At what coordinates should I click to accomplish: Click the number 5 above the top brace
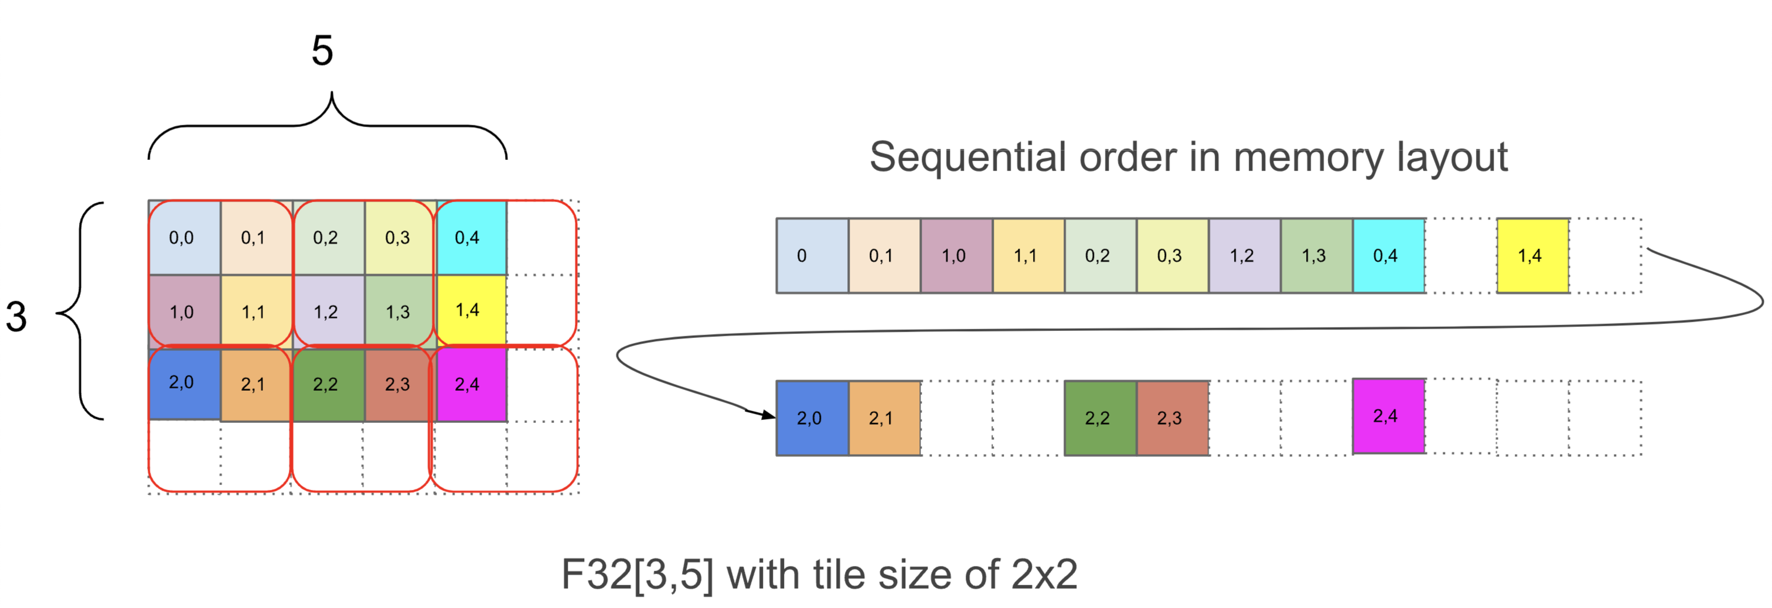point(322,51)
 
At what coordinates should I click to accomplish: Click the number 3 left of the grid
point(16,317)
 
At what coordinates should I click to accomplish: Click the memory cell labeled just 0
point(812,256)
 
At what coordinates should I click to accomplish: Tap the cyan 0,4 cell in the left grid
point(471,238)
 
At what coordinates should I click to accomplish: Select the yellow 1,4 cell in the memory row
point(1532,256)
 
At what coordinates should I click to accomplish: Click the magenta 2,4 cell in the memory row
point(1388,416)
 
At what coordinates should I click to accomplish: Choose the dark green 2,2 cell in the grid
point(328,384)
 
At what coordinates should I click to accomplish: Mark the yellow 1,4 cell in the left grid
point(471,310)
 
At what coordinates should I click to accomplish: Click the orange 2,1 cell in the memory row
point(884,418)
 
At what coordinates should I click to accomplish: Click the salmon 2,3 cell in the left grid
point(399,384)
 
